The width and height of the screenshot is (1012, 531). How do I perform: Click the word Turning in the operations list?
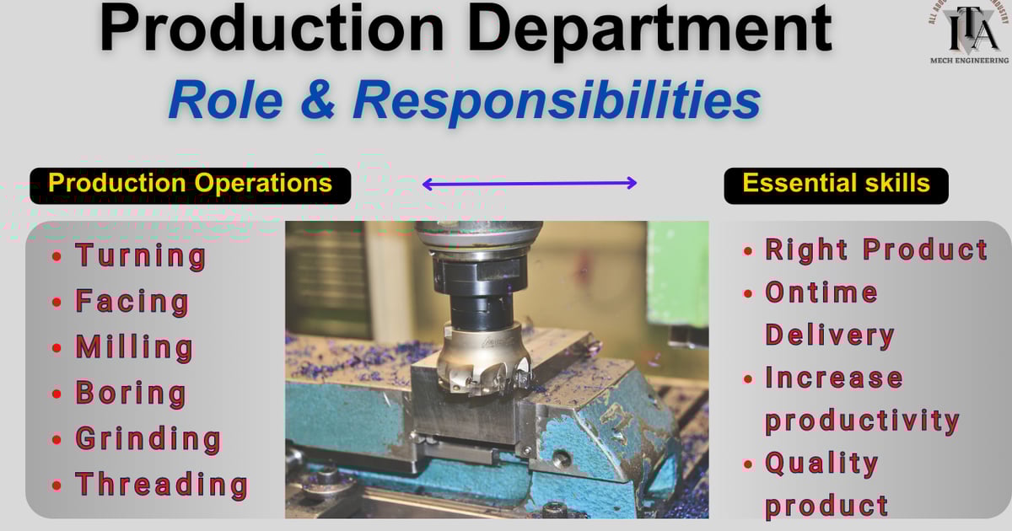pos(141,256)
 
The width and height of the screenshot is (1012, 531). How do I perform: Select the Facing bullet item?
pos(132,302)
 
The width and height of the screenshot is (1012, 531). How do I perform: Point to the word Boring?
pos(131,393)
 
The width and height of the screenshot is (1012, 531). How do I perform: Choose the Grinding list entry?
pos(148,439)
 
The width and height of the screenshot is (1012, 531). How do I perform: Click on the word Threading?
pos(162,485)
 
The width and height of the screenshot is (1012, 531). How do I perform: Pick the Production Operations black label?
pos(190,184)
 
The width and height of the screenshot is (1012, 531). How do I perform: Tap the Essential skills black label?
pos(836,184)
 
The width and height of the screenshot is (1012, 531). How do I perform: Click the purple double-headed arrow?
pos(530,183)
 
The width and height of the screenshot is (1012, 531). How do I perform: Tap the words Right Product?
pos(876,249)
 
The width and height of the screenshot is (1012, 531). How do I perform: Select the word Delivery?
pos(829,335)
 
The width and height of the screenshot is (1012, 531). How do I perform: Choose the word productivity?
pos(862,421)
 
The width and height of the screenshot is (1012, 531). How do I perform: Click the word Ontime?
pos(821,292)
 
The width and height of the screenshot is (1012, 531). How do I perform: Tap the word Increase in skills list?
pos(834,378)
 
